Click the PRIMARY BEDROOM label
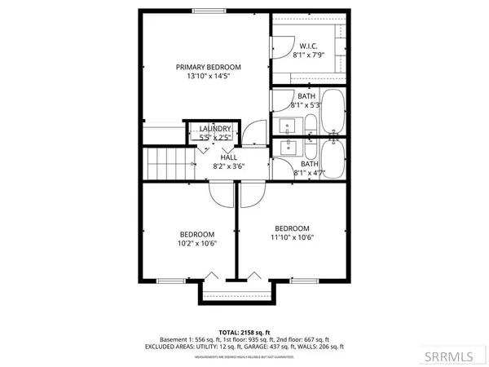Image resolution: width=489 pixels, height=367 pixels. pos(209,67)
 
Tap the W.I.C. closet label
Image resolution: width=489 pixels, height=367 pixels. pos(308,46)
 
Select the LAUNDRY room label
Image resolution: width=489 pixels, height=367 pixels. pos(214,129)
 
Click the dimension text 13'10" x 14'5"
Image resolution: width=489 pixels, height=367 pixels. pos(209,78)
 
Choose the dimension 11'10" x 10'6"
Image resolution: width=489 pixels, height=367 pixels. pos(292,238)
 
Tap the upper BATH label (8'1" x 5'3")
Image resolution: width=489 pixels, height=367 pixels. pos(306,96)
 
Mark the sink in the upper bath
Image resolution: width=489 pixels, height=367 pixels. pos(288,126)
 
